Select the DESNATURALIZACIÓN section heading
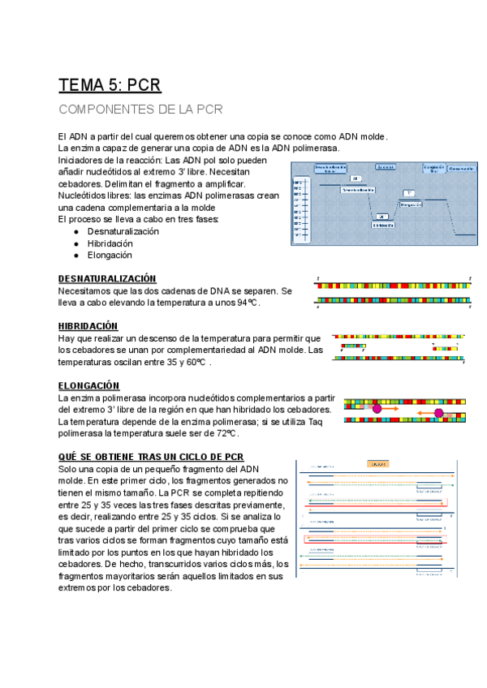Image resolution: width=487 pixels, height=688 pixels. tap(107, 278)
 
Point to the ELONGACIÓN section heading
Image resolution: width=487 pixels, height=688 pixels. tap(89, 385)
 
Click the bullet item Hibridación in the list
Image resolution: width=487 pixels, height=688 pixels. tap(110, 243)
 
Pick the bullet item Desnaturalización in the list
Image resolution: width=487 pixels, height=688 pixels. tap(123, 231)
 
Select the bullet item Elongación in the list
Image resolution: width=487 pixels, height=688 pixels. tap(109, 255)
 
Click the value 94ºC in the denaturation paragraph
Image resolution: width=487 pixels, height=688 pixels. tap(247, 302)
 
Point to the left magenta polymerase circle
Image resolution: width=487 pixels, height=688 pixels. tap(377, 409)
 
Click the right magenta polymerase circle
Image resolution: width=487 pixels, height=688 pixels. tap(439, 414)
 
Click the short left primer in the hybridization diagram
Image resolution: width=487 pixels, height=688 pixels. tap(353, 346)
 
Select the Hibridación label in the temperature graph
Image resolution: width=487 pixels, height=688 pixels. tap(383, 225)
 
